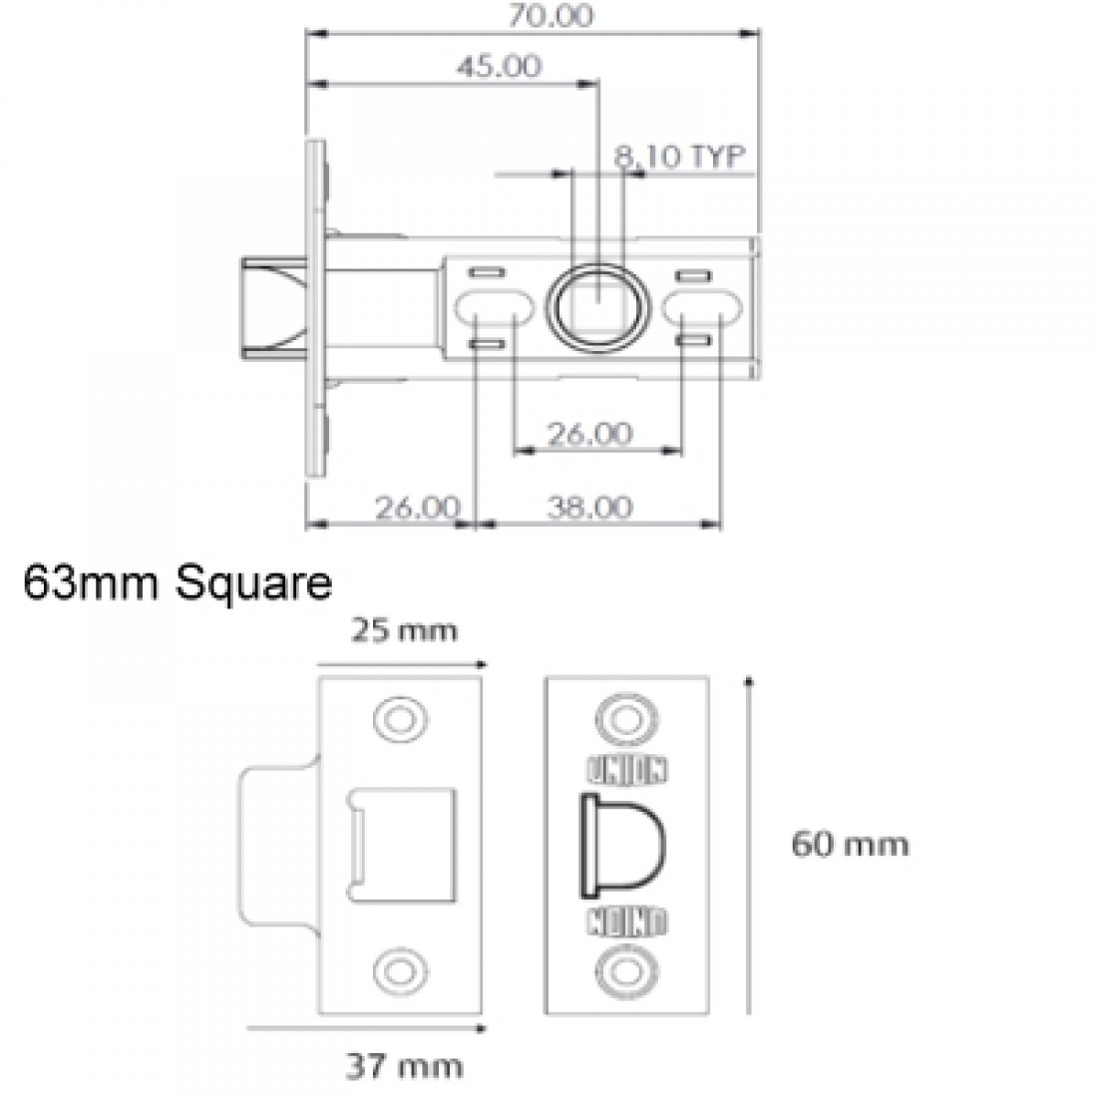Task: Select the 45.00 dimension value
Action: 499,67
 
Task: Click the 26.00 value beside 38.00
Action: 418,508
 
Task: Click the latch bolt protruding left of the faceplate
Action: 271,304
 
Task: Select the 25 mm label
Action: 403,631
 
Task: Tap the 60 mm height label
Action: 850,845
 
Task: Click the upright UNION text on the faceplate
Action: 627,769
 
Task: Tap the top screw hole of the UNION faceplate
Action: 627,718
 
